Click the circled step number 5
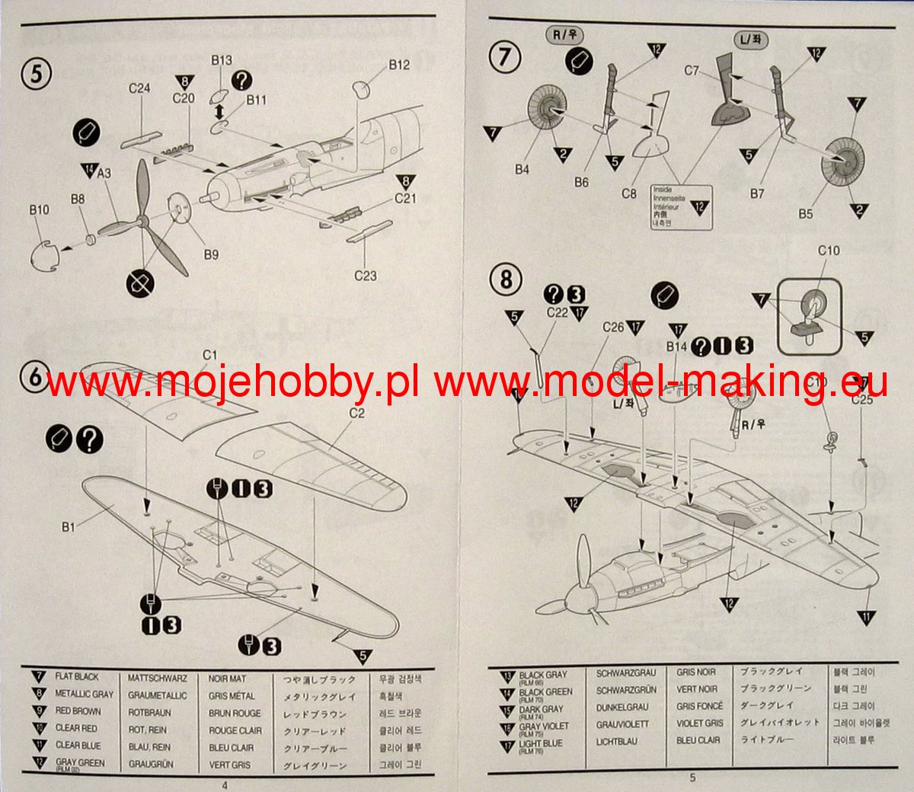coord(37,74)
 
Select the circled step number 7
coord(505,58)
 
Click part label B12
coord(399,65)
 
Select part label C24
coord(139,88)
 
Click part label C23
coord(366,276)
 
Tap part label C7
coord(691,71)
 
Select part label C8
coord(628,193)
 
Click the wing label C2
coord(356,413)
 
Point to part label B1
coord(69,526)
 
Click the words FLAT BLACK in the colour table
coord(76,676)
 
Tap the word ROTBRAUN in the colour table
coord(149,713)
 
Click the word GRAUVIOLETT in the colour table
coord(622,724)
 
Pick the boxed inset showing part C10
coord(809,316)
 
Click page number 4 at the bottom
coord(224,784)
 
